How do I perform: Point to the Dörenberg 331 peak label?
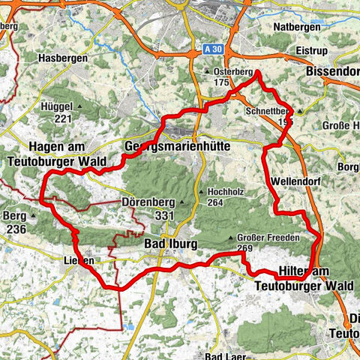pos(148,208)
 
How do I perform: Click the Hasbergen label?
pos(65,57)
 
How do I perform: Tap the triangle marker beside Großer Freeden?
pos(230,238)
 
